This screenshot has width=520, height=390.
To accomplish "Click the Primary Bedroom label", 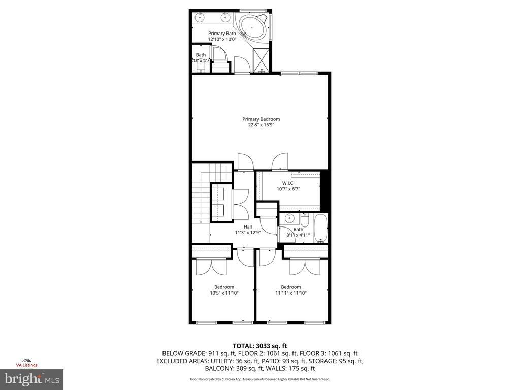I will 261,119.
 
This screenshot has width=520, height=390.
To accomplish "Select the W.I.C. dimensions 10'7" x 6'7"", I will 288,189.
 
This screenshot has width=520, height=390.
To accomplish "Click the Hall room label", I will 247,227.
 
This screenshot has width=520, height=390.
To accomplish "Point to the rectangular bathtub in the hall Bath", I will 320,229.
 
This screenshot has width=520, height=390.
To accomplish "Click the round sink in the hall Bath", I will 289,219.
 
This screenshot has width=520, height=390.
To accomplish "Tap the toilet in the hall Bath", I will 305,220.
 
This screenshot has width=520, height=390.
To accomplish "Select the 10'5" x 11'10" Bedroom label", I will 224,290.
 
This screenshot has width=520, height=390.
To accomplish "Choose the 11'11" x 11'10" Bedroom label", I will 291,290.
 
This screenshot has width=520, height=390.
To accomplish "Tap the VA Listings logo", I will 26,362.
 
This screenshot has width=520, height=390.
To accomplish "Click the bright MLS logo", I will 31,379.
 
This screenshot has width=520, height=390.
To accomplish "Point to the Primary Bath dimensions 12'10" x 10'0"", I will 222,39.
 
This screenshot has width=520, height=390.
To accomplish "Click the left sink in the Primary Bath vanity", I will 200,18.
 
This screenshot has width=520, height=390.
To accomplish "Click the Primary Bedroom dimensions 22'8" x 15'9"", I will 261,125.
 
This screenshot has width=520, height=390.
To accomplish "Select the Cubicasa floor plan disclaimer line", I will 259,379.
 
